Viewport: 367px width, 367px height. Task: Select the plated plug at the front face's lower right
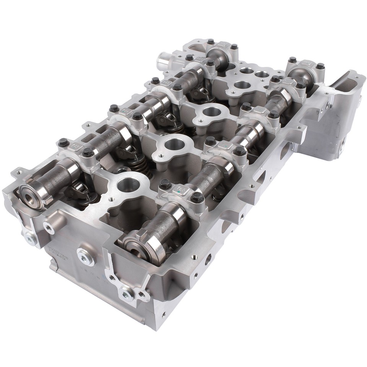coord(127,294)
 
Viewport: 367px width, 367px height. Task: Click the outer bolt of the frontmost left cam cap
coord(63,143)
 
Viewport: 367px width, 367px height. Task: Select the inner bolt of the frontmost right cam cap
coord(165,184)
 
